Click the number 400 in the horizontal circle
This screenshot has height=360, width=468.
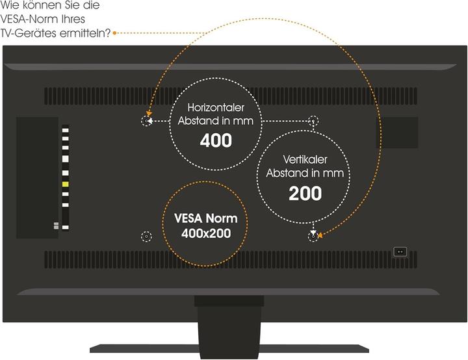(216, 141)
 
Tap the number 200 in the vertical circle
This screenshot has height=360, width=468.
(305, 193)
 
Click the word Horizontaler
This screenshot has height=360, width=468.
(216, 107)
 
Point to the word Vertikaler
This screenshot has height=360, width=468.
(305, 159)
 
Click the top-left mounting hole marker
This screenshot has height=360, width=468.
(146, 121)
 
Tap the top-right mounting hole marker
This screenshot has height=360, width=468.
(313, 121)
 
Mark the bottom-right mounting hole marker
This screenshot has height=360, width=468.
(313, 237)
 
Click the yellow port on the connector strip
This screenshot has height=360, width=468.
(65, 185)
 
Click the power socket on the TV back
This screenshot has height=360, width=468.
(400, 251)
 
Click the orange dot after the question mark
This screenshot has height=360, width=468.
(114, 32)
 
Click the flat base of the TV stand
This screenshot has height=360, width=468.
(229, 348)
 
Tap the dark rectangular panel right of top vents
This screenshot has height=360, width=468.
(399, 132)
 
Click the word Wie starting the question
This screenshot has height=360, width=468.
(10, 5)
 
